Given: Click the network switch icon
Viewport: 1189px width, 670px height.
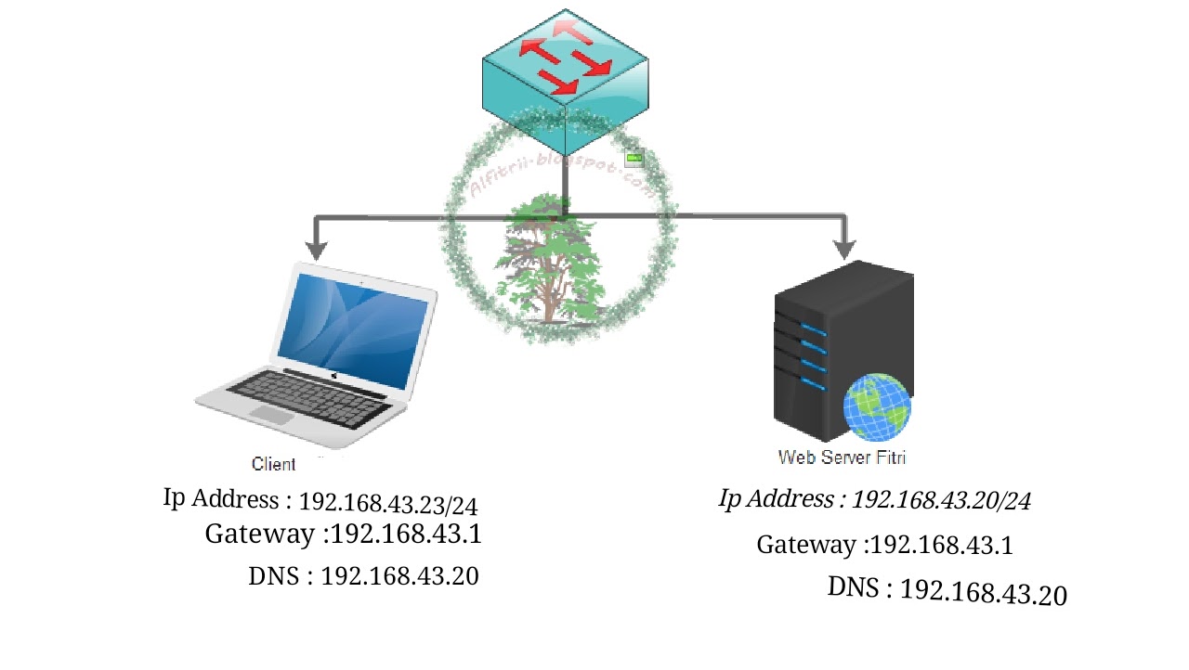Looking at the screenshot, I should pos(565,79).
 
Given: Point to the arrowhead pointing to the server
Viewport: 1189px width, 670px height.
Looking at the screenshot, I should pos(844,248).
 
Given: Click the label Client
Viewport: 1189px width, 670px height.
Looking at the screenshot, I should pos(273,464).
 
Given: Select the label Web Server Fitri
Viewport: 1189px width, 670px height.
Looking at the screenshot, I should pos(842,457).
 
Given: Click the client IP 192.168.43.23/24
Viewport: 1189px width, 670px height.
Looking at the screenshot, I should pos(388,504).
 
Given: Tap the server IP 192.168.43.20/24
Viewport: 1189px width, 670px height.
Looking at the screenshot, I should pos(941,501).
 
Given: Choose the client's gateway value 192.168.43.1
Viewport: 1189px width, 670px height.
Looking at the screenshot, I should pos(406,535).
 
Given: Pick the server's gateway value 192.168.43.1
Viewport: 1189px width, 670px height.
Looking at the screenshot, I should pos(938,545).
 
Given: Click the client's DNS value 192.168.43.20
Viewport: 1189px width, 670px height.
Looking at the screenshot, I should pos(399,576).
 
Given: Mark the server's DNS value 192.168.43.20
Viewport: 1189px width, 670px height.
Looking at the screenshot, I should pos(984,592).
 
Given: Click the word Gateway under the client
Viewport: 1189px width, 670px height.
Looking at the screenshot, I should pos(262,535).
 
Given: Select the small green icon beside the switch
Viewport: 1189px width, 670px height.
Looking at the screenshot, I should pos(634,159).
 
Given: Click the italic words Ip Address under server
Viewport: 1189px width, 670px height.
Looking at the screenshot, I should pos(777,499).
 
